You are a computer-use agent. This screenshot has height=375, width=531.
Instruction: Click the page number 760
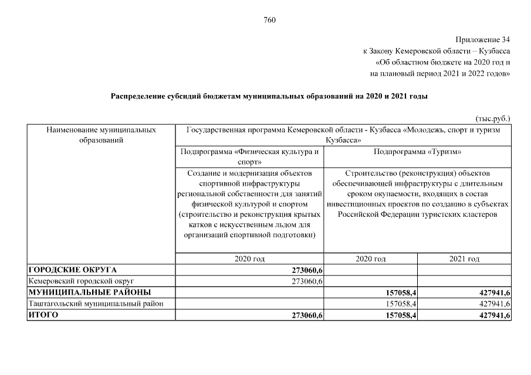pyautogui.click(x=269, y=20)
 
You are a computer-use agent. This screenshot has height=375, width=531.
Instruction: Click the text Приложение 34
pyautogui.click(x=484, y=40)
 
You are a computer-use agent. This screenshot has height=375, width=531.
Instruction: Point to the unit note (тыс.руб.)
pyautogui.click(x=492, y=118)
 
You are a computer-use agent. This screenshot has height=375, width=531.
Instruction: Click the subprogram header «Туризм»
pyautogui.click(x=417, y=152)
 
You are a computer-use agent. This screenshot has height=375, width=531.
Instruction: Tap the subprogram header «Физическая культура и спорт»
pyautogui.click(x=250, y=156)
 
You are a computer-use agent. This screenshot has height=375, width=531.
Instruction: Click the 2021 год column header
pyautogui.click(x=464, y=258)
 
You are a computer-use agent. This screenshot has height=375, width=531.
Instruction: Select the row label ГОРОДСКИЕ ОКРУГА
pyautogui.click(x=73, y=270)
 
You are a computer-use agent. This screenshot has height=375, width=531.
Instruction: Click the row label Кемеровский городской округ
pyautogui.click(x=81, y=281)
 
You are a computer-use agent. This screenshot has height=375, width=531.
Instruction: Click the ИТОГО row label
pyautogui.click(x=45, y=315)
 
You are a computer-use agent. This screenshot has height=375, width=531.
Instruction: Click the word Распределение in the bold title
pyautogui.click(x=138, y=96)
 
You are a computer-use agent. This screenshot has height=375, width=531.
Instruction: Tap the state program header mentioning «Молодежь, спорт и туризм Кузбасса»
pyautogui.click(x=343, y=135)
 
